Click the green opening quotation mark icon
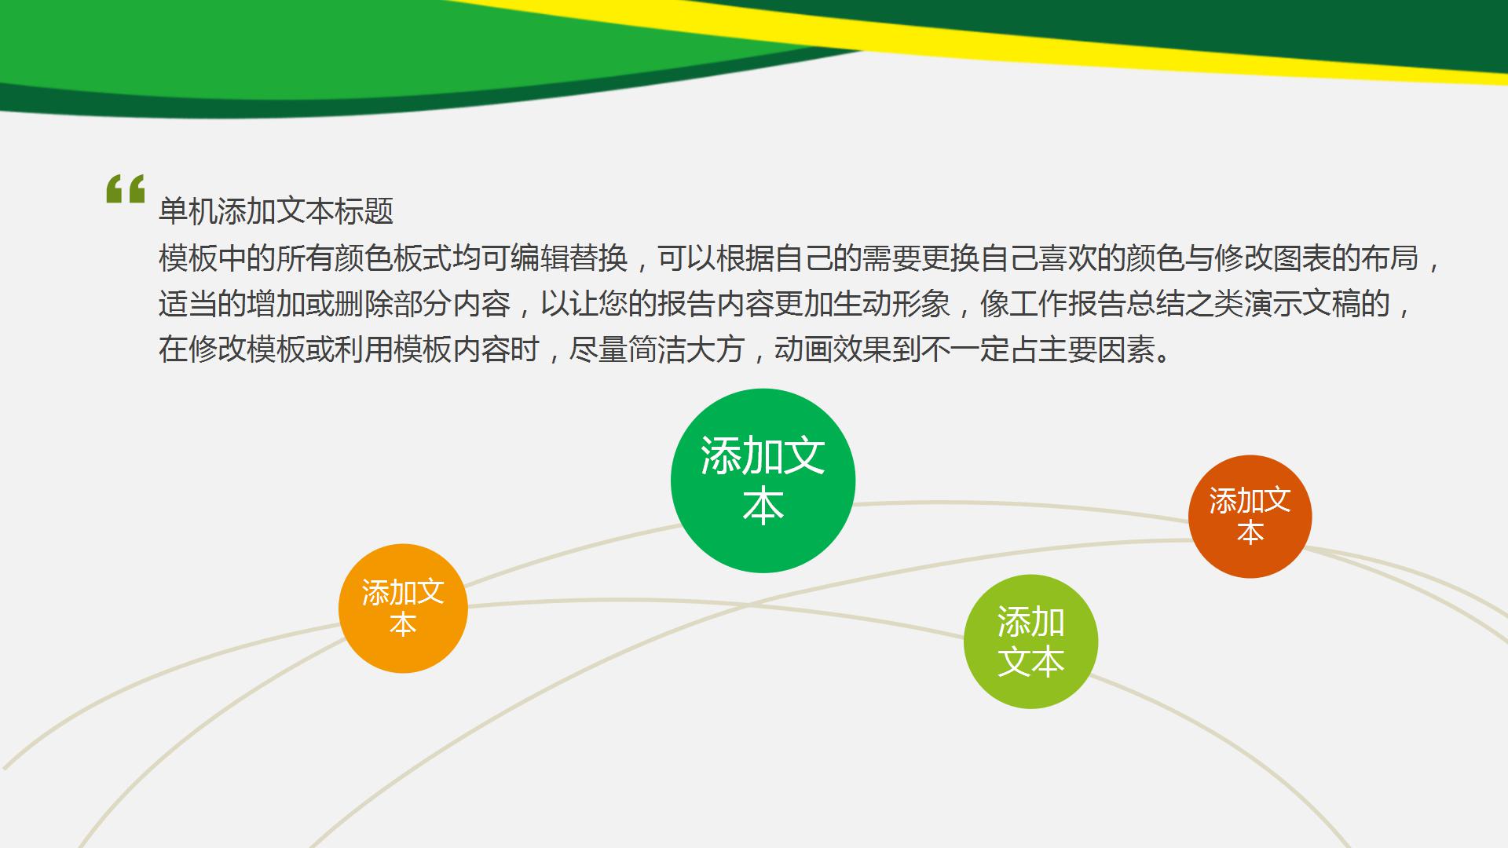126,189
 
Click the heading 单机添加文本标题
276,211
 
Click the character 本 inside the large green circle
763,507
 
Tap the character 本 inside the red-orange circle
1250,533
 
